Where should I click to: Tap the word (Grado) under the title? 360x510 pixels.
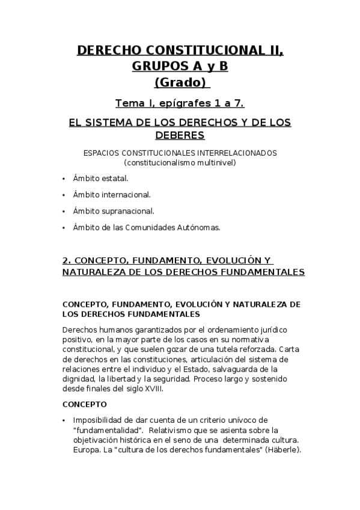[x=180, y=82]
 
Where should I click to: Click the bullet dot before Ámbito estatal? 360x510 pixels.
[x=64, y=179]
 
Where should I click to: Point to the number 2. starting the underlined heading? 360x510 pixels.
[x=67, y=260]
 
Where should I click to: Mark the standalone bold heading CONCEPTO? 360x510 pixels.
[x=85, y=404]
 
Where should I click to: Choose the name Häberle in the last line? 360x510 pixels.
[x=284, y=450]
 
